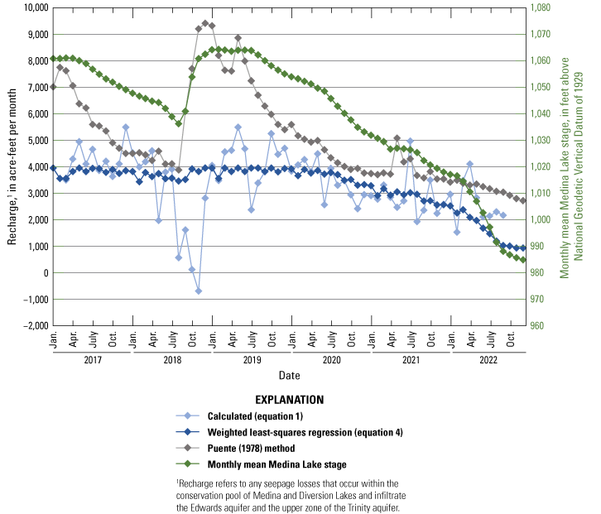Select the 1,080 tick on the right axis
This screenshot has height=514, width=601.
544,7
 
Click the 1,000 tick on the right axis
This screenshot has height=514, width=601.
544,219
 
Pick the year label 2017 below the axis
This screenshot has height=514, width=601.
91,360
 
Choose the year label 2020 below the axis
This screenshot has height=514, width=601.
330,360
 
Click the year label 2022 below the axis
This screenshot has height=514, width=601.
489,360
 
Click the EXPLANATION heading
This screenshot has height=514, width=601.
288,400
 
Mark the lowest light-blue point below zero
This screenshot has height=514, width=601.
199,291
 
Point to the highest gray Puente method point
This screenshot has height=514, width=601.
204,23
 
